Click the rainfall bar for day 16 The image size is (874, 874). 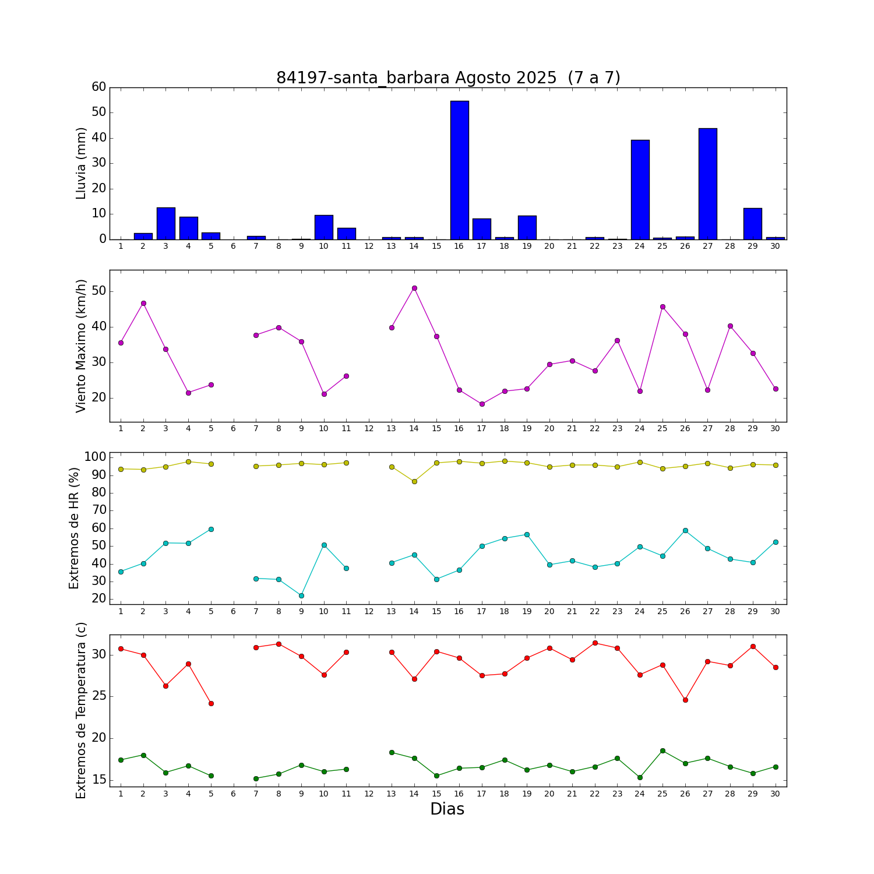click(x=459, y=170)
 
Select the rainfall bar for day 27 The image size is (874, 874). click(x=707, y=184)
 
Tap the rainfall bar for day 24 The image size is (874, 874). click(x=640, y=189)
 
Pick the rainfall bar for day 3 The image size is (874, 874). click(x=165, y=223)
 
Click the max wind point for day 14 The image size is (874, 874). click(x=414, y=288)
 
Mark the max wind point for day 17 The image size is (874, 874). click(x=482, y=404)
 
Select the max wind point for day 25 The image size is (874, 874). click(x=662, y=306)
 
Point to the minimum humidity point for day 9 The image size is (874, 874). click(x=301, y=595)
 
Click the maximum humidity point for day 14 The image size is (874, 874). click(x=414, y=481)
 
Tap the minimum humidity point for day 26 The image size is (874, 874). click(x=685, y=530)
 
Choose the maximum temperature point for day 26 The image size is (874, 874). click(x=685, y=700)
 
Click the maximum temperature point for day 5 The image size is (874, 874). click(x=211, y=703)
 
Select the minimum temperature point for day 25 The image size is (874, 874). click(x=662, y=750)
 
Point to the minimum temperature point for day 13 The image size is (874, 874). click(x=392, y=752)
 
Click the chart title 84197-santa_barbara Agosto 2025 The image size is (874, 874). click(x=448, y=78)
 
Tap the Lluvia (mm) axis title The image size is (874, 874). click(x=81, y=163)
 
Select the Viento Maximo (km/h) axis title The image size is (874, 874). click(x=81, y=346)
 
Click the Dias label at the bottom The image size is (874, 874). click(x=447, y=809)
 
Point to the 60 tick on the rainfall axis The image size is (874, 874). click(x=99, y=87)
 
